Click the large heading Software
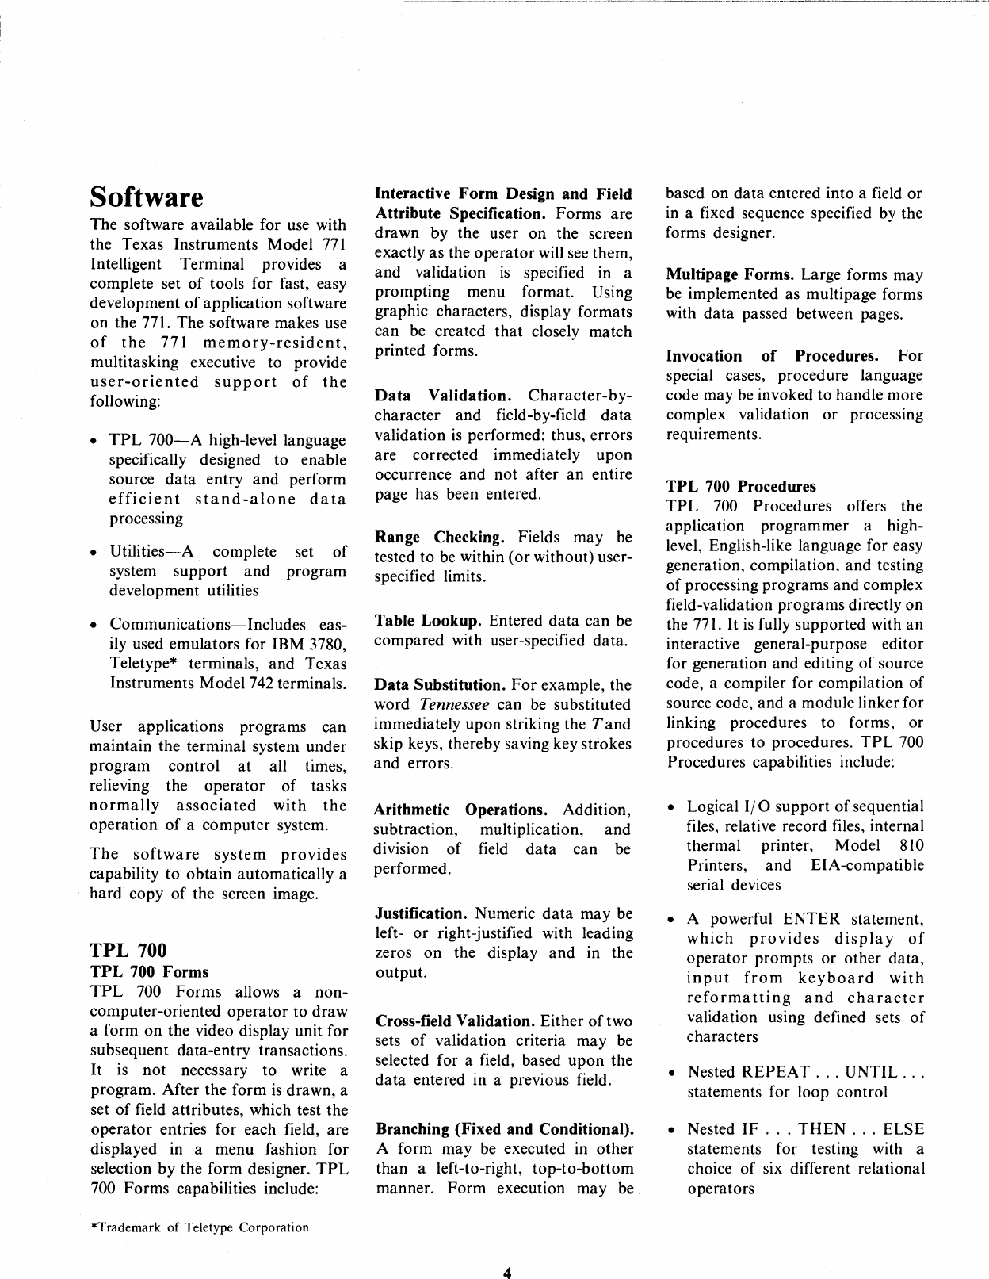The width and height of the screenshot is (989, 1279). [x=147, y=197]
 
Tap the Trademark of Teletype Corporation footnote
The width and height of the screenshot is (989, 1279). [x=200, y=1227]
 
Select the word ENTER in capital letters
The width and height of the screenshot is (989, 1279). [x=811, y=919]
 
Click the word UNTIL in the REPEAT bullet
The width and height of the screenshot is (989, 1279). [x=871, y=1072]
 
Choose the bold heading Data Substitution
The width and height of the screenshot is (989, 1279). [x=439, y=685]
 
